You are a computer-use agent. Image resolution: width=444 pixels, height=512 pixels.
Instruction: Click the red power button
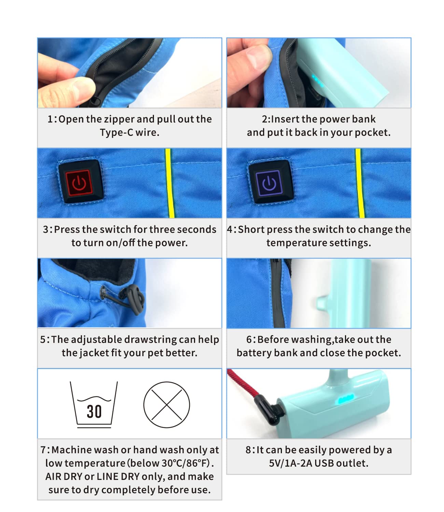point(79,183)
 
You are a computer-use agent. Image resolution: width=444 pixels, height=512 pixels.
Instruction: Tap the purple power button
point(269,183)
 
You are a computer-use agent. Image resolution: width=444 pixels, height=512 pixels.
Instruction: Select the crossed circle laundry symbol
point(167,405)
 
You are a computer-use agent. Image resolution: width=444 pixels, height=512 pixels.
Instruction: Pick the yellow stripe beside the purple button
point(360,183)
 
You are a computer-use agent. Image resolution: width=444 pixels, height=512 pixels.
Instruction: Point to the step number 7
point(43,450)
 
